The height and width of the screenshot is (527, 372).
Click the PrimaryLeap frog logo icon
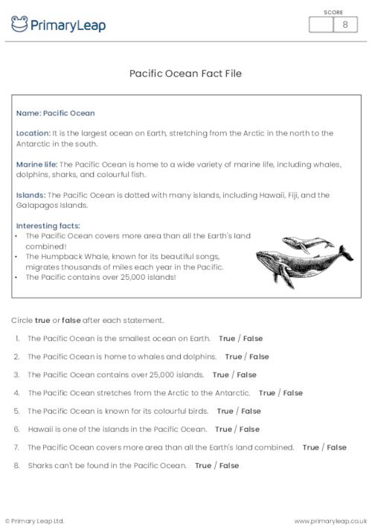(x=19, y=25)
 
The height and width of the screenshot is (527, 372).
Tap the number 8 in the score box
(x=344, y=25)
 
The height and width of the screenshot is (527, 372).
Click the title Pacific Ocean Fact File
(x=185, y=74)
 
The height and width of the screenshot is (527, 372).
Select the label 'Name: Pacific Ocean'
(x=55, y=113)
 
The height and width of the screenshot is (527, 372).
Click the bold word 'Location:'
(x=33, y=133)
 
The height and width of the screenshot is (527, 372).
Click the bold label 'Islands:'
(x=31, y=195)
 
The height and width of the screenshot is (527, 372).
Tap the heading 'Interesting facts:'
(x=48, y=226)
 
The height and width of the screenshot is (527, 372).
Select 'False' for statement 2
(x=259, y=357)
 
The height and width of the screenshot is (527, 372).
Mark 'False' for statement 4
(x=292, y=392)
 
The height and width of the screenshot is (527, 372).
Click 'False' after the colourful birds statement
(x=251, y=411)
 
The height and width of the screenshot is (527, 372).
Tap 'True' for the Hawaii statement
(x=223, y=429)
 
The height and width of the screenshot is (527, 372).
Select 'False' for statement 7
(x=336, y=447)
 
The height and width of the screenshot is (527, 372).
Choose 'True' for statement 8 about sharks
(x=203, y=465)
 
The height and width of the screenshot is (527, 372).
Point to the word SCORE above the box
(x=333, y=12)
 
